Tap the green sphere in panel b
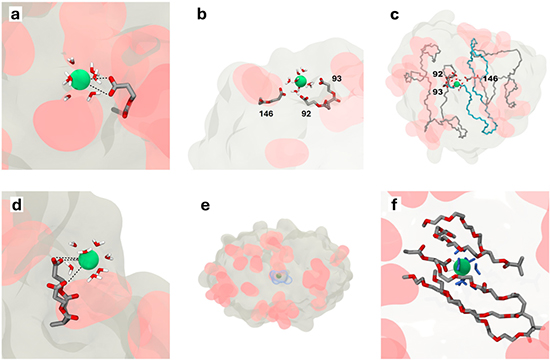(300, 81)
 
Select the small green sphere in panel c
(459, 86)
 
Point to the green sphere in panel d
(89, 260)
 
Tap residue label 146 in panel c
(491, 77)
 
